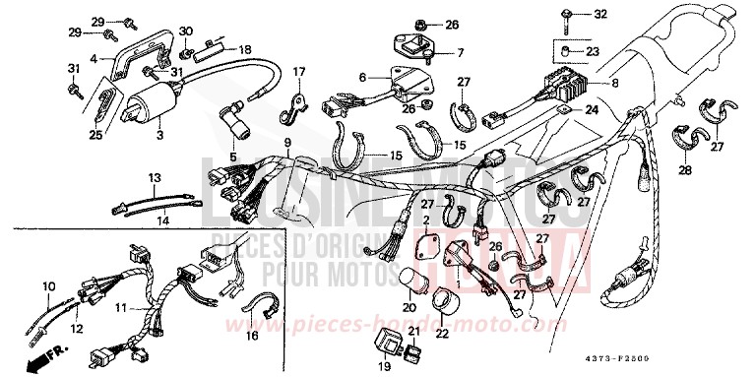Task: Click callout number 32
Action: tap(599, 14)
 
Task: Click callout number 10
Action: tap(47, 286)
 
